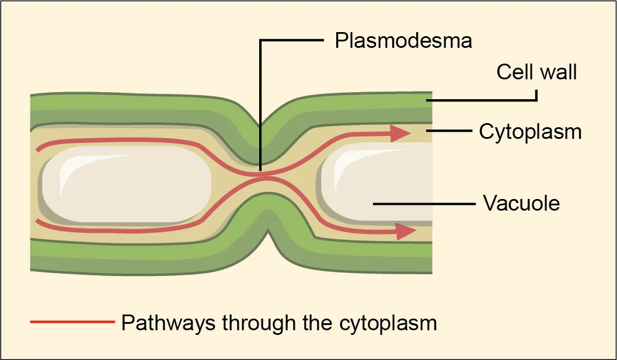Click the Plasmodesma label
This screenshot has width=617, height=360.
[x=403, y=41]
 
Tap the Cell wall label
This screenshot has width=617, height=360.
[x=536, y=72]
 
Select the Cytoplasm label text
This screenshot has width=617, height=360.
[x=530, y=132]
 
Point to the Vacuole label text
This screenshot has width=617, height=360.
[x=521, y=204]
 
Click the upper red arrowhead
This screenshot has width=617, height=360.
[x=400, y=134]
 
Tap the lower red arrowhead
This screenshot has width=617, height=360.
[x=406, y=232]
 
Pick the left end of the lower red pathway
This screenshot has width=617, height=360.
[x=38, y=221]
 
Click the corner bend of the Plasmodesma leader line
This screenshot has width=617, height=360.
[x=261, y=41]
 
